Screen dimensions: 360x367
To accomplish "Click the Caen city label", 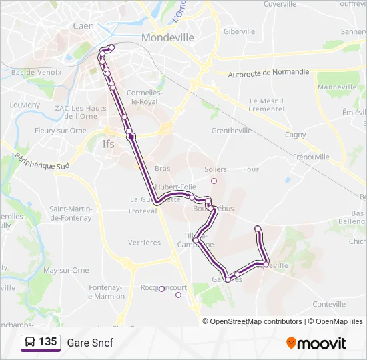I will pyautogui.click(x=84, y=26).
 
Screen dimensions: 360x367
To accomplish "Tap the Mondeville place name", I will pyautogui.click(x=167, y=37).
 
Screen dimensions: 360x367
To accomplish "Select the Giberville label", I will pyautogui.click(x=239, y=31).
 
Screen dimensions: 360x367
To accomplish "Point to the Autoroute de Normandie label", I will pyautogui.click(x=268, y=72).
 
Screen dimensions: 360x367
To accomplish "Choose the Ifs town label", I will pyautogui.click(x=109, y=144).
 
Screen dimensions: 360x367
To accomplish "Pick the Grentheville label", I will pyautogui.click(x=231, y=131).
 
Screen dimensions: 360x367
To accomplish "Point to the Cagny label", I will pyautogui.click(x=296, y=135).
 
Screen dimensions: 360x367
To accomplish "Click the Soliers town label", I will pyautogui.click(x=216, y=169).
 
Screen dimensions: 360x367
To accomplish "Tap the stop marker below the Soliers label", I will pyautogui.click(x=214, y=181).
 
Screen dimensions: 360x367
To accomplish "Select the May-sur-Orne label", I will pyautogui.click(x=65, y=270).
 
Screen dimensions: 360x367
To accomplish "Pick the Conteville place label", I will pyautogui.click(x=328, y=303).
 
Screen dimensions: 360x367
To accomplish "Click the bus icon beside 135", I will pyautogui.click(x=30, y=342).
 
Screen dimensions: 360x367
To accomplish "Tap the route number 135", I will pyautogui.click(x=48, y=342).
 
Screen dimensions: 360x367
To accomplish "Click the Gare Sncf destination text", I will pyautogui.click(x=90, y=343).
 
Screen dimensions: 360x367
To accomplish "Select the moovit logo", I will pyautogui.click(x=316, y=343).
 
